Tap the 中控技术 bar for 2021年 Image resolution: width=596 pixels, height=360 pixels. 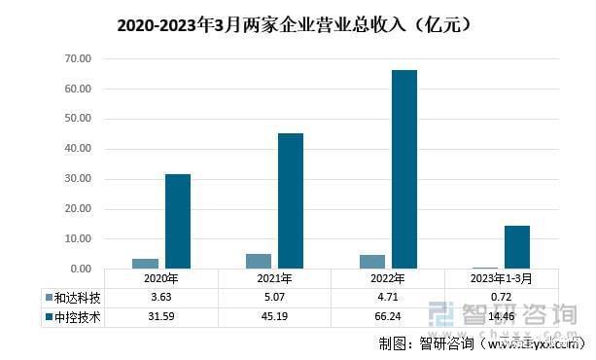coord(291,200)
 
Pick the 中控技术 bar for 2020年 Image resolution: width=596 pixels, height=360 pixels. coord(177,221)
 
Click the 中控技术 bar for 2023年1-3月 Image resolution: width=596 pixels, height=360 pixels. coord(517,247)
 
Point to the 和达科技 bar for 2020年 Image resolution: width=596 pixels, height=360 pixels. coord(145,264)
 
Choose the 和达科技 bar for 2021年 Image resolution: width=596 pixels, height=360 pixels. coord(259,261)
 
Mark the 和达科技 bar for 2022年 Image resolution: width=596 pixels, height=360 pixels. coord(371,262)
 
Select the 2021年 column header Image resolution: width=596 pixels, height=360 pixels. coord(274,278)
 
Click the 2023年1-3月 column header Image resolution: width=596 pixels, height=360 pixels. coord(501,278)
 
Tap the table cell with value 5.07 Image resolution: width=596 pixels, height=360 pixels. coord(274,297)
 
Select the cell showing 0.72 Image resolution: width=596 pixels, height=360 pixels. coord(501,297)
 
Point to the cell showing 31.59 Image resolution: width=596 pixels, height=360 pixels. coord(160,316)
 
